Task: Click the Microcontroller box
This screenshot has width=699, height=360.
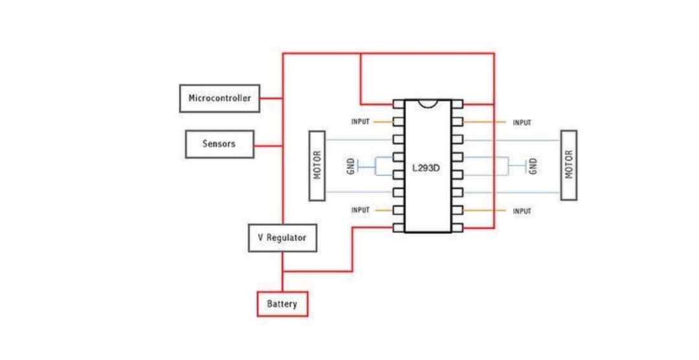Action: (220, 98)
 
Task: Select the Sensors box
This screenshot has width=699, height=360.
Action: (219, 144)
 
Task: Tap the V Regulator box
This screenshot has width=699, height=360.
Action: (282, 238)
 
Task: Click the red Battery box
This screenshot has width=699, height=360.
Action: (282, 304)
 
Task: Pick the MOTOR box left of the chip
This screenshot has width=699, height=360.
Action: (317, 166)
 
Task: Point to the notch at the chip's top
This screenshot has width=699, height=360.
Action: (428, 103)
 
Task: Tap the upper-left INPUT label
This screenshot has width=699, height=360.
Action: (360, 122)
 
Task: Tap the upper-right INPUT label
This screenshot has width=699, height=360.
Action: (521, 122)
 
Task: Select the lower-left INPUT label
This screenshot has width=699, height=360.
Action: (360, 210)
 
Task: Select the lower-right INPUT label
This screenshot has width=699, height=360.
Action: (521, 211)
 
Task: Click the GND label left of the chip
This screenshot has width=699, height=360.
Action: (350, 167)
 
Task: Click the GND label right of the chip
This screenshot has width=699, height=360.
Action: (533, 166)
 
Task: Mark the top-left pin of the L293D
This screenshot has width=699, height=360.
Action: (398, 104)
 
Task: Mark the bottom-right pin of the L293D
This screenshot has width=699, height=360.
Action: (457, 228)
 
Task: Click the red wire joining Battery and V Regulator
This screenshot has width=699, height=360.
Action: (282, 272)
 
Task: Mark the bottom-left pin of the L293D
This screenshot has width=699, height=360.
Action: (398, 228)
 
